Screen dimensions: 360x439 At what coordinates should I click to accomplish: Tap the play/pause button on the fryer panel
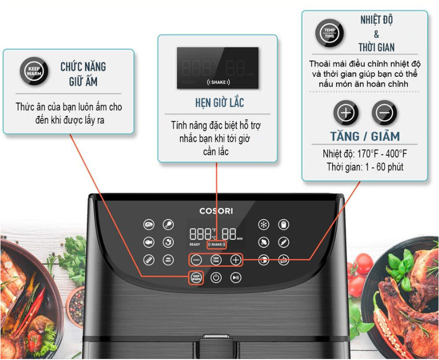(235, 278)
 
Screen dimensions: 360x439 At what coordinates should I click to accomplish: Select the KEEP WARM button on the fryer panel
(196, 278)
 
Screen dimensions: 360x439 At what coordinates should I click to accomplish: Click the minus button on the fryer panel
(196, 260)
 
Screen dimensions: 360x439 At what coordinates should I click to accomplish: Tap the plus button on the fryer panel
(235, 260)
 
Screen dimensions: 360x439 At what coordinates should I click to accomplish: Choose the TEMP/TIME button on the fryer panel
(216, 260)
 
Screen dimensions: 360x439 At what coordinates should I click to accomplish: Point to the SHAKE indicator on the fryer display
(216, 244)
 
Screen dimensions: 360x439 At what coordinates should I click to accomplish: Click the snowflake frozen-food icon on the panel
(264, 224)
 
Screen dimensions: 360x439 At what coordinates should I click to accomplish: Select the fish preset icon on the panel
(148, 242)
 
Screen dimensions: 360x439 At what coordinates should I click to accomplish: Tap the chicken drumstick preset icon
(167, 224)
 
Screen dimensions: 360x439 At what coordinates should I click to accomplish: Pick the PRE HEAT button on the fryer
(167, 260)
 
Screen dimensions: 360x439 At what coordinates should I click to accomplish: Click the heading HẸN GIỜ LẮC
(219, 103)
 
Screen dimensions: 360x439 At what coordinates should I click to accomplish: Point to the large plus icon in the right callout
(346, 113)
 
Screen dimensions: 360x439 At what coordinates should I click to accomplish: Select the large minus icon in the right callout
(384, 113)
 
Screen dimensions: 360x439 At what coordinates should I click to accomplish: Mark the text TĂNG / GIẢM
(364, 136)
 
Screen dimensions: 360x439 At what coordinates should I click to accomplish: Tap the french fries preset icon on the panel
(283, 224)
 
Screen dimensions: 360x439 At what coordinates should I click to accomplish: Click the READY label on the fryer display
(195, 245)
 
